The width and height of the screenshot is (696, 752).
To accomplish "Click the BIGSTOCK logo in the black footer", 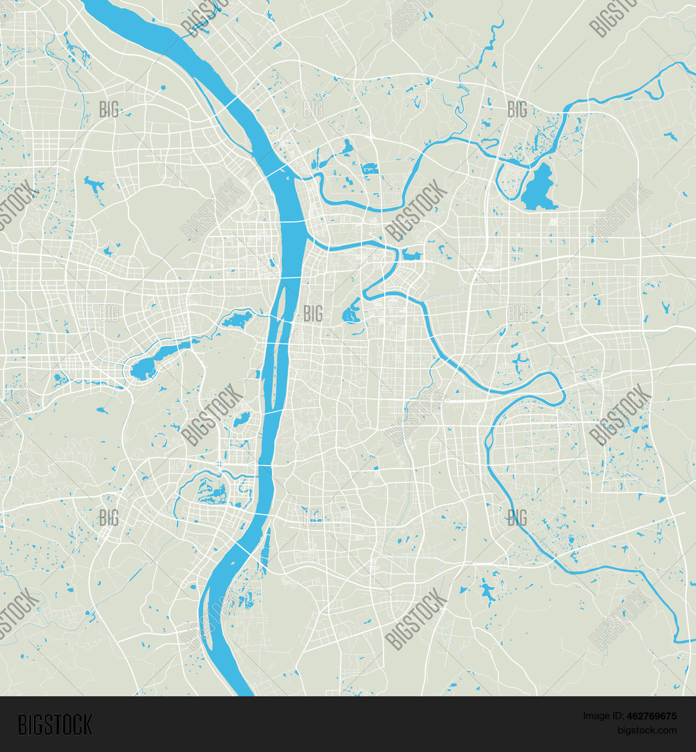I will click(x=55, y=725).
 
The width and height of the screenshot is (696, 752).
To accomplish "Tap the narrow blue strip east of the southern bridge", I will click(x=265, y=552).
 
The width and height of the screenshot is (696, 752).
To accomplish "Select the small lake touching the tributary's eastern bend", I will click(x=412, y=254).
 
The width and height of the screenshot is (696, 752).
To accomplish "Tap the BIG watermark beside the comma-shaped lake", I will click(x=313, y=314).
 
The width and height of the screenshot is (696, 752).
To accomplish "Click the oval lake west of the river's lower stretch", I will click(x=241, y=420).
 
